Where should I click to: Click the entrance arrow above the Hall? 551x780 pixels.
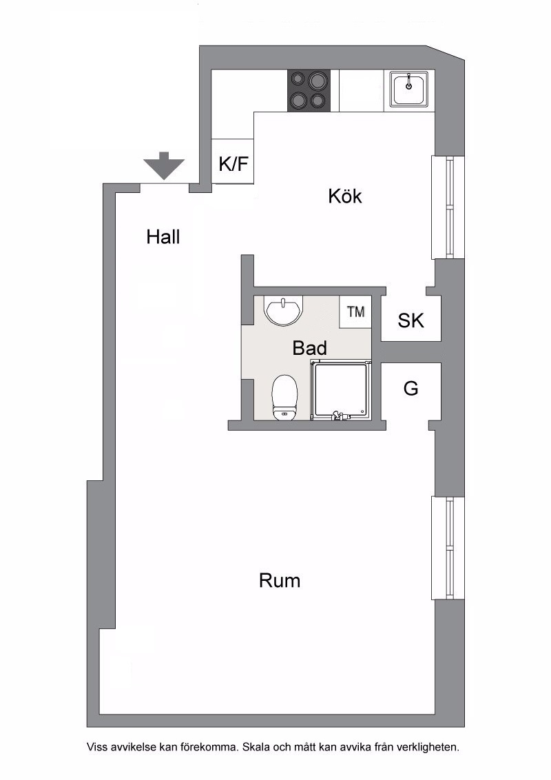(164, 165)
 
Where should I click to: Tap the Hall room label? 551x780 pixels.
(163, 237)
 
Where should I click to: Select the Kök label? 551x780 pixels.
(344, 196)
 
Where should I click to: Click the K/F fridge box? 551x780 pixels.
(233, 162)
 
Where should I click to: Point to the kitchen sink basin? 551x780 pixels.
(409, 89)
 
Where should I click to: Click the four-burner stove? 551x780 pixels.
(309, 90)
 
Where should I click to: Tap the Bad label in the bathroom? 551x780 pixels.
(309, 348)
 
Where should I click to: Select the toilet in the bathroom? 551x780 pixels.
(284, 398)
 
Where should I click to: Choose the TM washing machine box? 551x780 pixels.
(355, 312)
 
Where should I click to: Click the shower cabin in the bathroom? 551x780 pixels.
(341, 389)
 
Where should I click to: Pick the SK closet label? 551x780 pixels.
(410, 321)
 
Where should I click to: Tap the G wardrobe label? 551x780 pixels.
(410, 388)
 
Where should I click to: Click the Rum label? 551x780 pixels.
(280, 581)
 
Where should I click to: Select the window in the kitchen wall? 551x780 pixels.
(447, 207)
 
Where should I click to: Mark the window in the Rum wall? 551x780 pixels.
(447, 548)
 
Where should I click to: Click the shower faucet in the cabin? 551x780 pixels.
(339, 415)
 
